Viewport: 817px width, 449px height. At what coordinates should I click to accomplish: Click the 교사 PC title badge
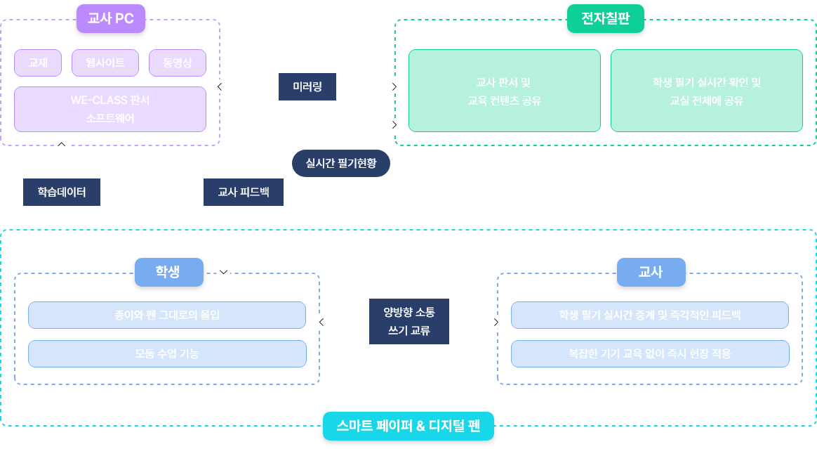point(111,19)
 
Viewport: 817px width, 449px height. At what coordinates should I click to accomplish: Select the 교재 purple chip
point(38,63)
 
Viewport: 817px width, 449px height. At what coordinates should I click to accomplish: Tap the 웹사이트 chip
point(105,63)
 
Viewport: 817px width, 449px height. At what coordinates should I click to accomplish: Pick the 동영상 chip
point(178,63)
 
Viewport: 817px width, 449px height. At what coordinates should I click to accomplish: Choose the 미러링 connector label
point(307,86)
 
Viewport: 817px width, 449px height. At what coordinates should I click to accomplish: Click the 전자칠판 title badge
point(605,19)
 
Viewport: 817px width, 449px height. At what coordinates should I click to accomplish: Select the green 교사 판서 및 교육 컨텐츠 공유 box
point(504,91)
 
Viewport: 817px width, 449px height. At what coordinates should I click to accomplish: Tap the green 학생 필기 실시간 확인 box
point(706,91)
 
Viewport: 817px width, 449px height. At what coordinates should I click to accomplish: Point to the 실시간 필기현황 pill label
point(340,163)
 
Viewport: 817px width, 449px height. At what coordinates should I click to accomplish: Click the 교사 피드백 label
point(244,191)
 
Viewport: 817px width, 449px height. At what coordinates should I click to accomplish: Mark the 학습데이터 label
point(62,191)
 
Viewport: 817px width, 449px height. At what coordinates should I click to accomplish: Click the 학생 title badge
point(168,272)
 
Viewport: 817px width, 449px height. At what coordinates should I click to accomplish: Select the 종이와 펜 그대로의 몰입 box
point(167,315)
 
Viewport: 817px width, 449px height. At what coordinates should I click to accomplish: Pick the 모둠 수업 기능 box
point(167,353)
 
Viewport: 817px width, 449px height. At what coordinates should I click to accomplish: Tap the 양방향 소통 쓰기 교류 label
point(409,321)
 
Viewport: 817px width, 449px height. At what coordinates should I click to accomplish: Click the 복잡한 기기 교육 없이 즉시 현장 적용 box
point(650,353)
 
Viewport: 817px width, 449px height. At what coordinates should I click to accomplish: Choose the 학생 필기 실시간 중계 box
point(650,315)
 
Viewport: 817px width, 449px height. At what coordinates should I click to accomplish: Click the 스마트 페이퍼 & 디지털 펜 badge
point(408,426)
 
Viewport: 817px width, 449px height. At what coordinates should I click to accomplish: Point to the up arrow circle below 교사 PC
point(62,144)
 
